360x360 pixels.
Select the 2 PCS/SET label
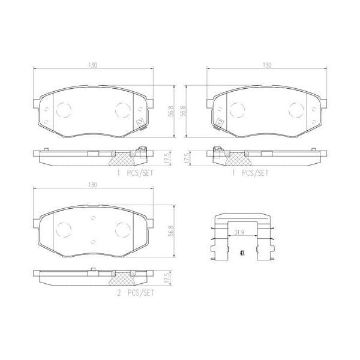pos(136,293)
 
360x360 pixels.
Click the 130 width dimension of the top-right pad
pos(267,64)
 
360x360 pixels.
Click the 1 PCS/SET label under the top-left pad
pos(136,172)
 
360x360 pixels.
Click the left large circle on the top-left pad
pos(63,110)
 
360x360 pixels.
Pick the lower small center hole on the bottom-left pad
pos(93,241)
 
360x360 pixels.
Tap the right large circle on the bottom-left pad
pos(122,230)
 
